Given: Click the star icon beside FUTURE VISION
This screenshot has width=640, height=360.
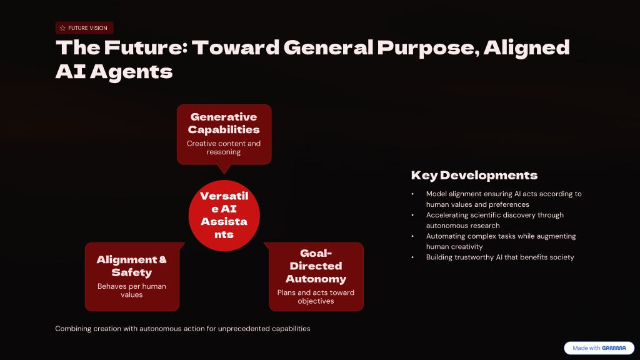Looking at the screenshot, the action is point(62,28).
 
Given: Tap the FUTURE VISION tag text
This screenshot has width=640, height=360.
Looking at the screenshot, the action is point(87,28).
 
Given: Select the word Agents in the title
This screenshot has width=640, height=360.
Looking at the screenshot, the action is point(131,72).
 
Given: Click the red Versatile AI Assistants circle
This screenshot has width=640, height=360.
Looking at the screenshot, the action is point(224,216).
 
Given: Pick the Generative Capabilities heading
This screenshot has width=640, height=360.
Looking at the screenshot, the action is point(224,123).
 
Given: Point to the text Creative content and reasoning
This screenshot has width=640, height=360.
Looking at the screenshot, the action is point(224,147).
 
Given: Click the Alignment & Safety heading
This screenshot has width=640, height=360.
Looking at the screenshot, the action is point(131,266).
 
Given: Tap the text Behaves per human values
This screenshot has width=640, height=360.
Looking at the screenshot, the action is point(131,291).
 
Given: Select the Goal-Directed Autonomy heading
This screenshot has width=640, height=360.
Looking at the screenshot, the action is point(316,266).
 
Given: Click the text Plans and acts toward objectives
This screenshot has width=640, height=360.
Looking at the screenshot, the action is point(316,297).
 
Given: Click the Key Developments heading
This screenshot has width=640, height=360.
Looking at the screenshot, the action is point(474,176).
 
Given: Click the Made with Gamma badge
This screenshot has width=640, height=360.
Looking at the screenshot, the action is point(599,348).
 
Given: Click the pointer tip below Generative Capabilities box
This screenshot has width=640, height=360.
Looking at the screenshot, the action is point(224,174).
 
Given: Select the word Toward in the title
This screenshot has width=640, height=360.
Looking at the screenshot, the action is point(236,47).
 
